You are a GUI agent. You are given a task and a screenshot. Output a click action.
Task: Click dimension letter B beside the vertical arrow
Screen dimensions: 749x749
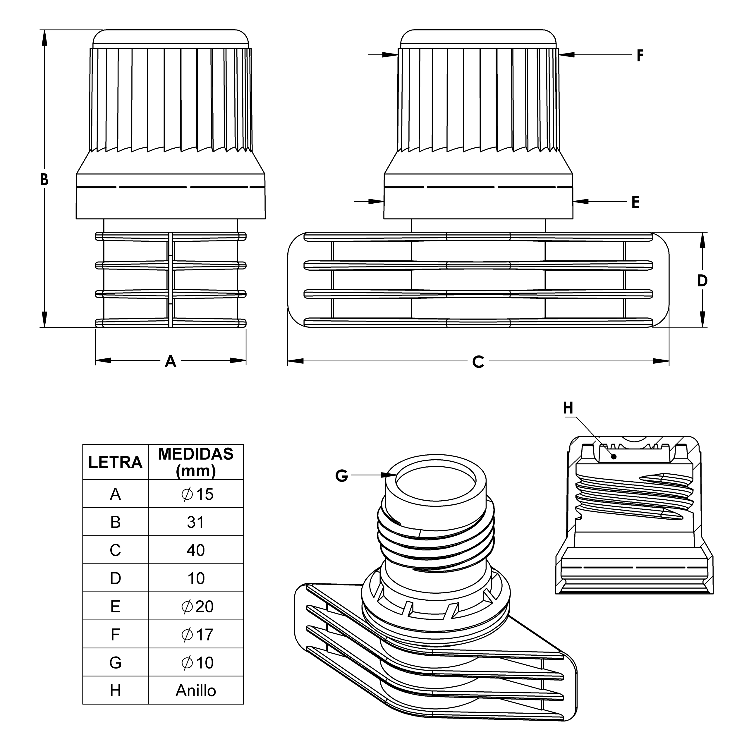pos(44,179)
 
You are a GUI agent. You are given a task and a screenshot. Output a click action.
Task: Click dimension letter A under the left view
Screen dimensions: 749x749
pos(171,361)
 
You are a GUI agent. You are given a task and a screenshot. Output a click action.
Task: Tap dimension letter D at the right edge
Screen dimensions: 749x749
pos(702,281)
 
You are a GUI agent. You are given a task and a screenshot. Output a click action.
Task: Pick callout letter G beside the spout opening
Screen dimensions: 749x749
pos(341,476)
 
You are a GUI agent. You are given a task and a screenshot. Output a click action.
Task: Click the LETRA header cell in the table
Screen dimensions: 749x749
pos(115,462)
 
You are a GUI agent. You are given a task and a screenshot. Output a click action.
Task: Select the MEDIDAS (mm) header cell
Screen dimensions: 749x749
pos(196,462)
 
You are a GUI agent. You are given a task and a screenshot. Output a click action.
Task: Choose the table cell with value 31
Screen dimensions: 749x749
pos(196,522)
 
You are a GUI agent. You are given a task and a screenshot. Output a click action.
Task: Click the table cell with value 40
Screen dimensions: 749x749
pos(196,550)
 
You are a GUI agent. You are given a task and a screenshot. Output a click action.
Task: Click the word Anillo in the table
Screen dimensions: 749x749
pos(196,691)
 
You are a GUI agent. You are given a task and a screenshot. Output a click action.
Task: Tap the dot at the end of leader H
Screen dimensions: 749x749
pos(614,457)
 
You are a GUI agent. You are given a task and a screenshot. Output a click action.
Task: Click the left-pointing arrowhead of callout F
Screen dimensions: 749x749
pos(566,55)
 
